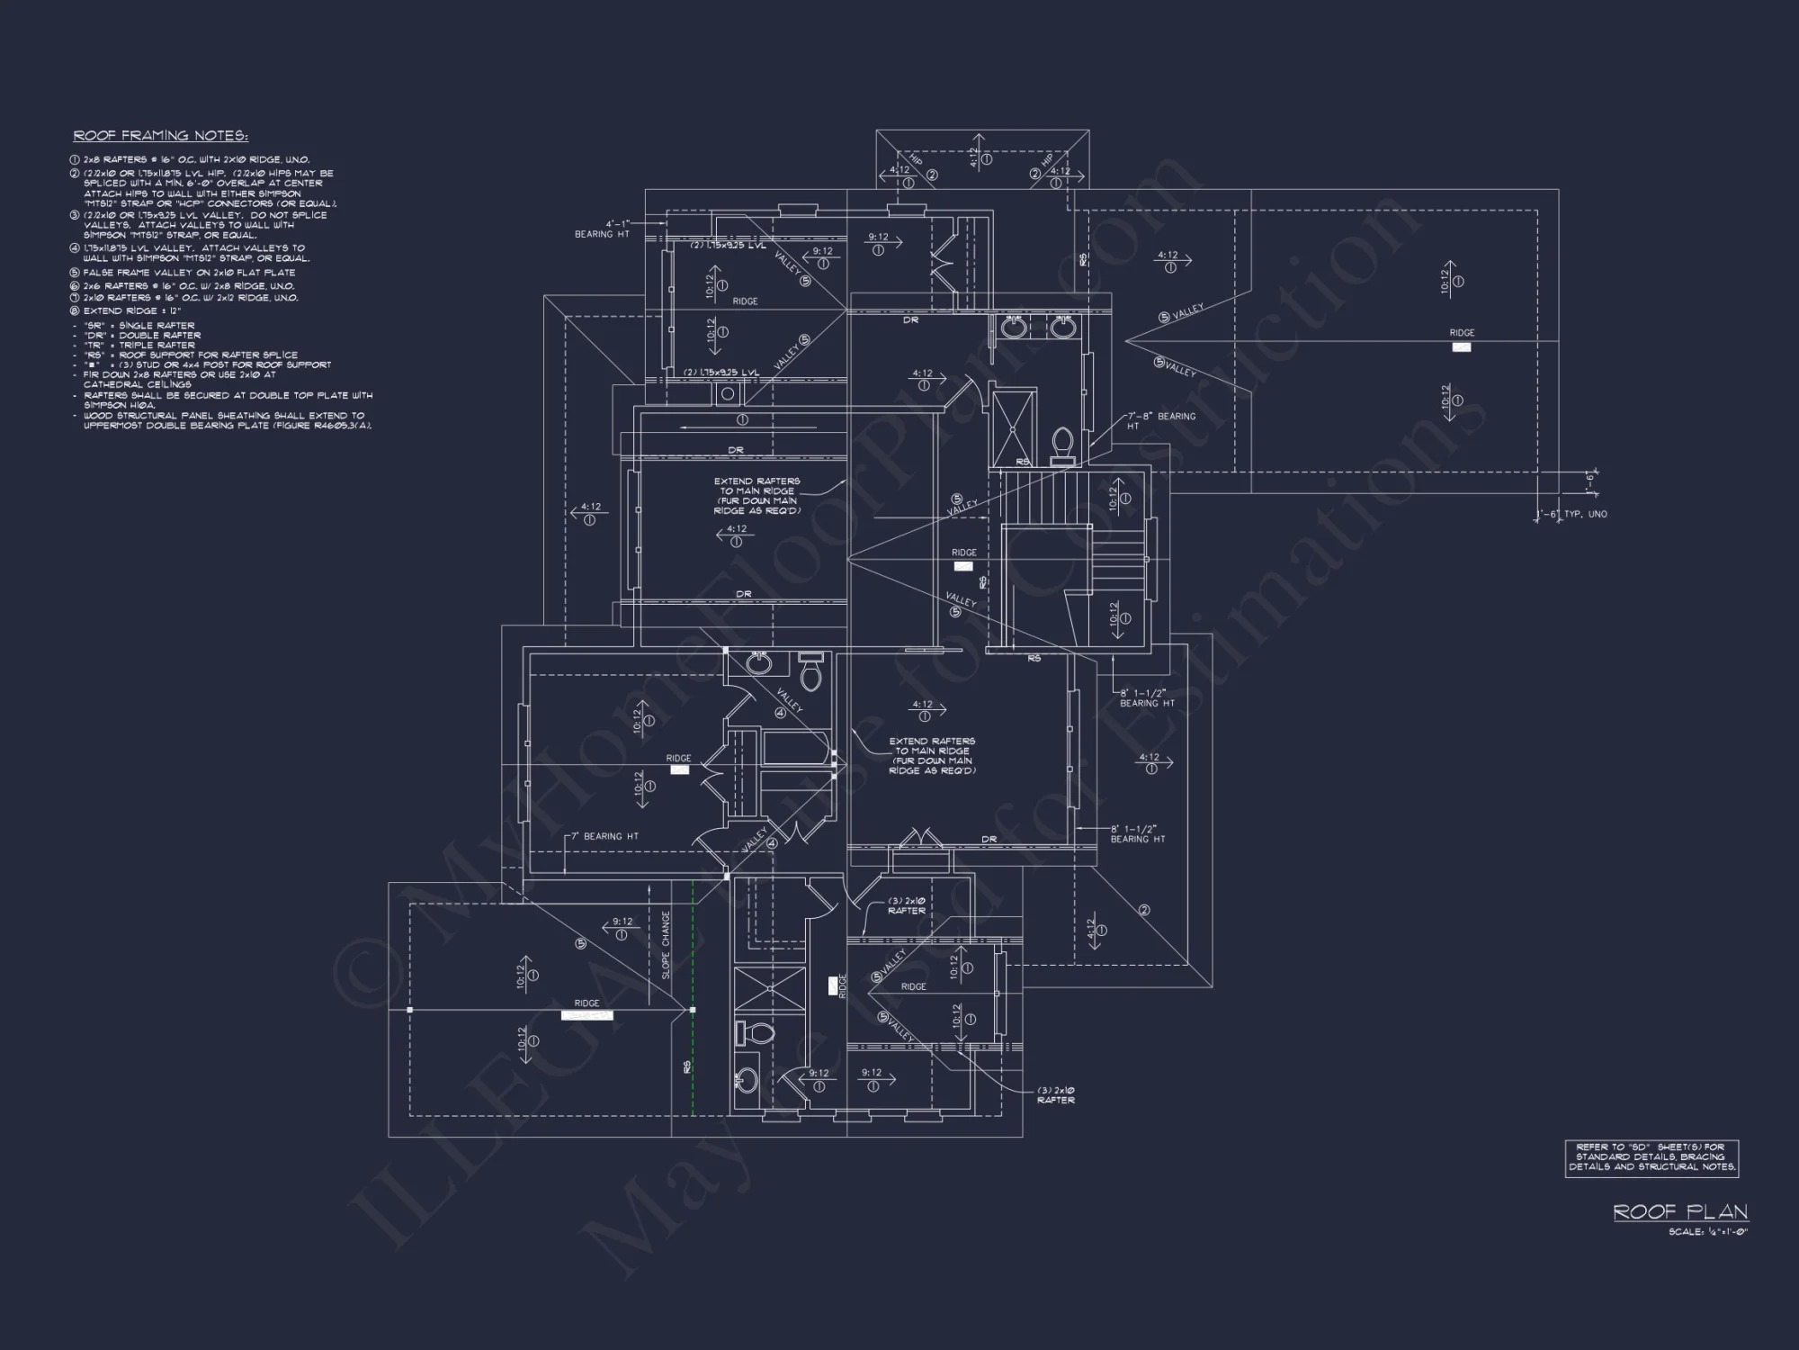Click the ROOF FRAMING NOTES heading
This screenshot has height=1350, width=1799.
pyautogui.click(x=160, y=136)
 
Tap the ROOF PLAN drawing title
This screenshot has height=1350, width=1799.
pyautogui.click(x=1680, y=1211)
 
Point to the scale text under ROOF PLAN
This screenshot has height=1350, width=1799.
pyautogui.click(x=1707, y=1232)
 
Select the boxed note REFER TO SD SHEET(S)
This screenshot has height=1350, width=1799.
pyautogui.click(x=1651, y=1157)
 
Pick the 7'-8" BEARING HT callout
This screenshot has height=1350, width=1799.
pyautogui.click(x=1161, y=420)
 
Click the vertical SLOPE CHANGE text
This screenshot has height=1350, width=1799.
pyautogui.click(x=666, y=944)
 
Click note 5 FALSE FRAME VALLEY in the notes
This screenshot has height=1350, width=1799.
pyautogui.click(x=189, y=272)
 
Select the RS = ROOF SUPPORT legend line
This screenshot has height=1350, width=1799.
pyautogui.click(x=190, y=355)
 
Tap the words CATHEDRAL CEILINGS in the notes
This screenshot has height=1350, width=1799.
pyautogui.click(x=138, y=384)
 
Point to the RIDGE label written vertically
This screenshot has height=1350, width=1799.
pyautogui.click(x=843, y=985)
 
